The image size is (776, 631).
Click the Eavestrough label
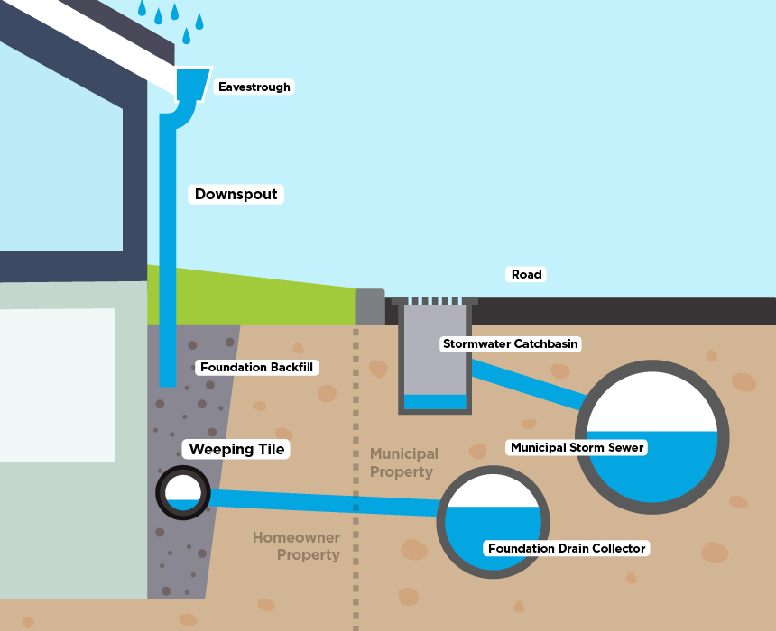[254, 87]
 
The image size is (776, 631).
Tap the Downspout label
[236, 194]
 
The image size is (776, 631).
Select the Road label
[527, 274]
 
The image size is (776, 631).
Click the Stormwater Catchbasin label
[510, 344]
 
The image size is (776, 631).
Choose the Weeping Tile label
[236, 449]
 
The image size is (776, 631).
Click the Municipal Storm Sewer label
[577, 447]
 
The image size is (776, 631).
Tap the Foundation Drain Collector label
[567, 548]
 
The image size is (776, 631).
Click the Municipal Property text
[403, 462]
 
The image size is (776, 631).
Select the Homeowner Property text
[296, 546]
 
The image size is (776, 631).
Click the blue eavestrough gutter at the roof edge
[191, 82]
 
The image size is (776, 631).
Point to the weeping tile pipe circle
[183, 493]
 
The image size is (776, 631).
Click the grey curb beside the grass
[370, 306]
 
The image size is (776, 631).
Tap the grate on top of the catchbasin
[434, 301]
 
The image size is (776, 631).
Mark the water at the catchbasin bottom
[435, 402]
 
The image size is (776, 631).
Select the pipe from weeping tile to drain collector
[325, 502]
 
